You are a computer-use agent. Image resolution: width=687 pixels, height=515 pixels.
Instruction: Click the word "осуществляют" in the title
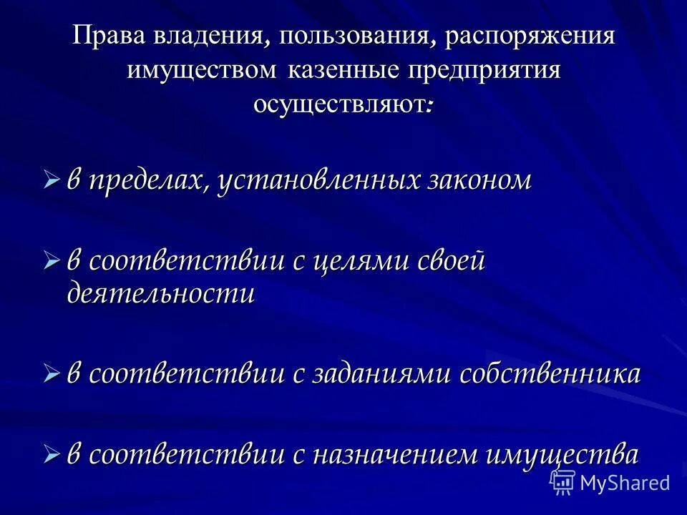coord(338,104)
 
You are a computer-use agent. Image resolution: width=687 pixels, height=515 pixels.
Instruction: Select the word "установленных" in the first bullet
coord(316,180)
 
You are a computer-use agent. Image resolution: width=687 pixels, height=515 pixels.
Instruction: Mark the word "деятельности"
coord(161,294)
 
